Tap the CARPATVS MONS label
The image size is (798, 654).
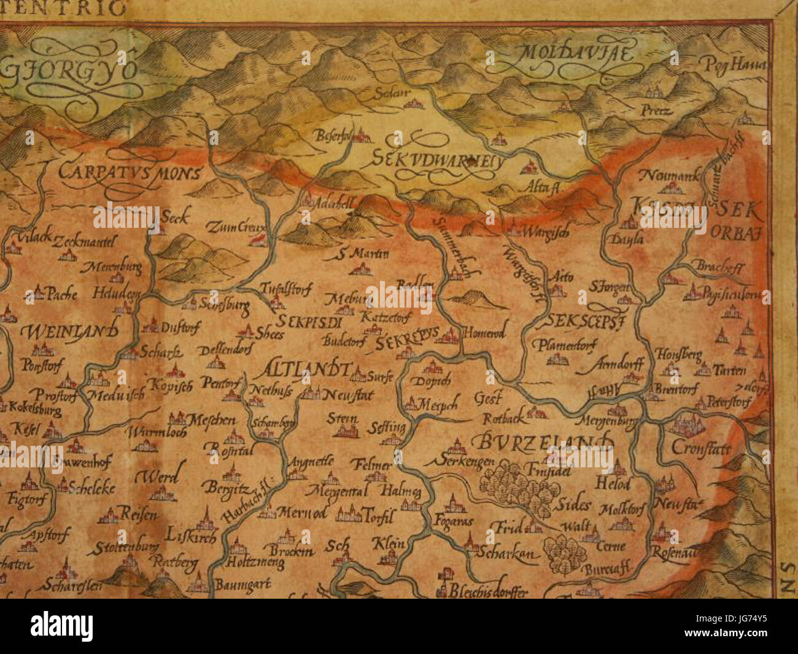(x=130, y=172)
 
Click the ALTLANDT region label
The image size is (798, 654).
(x=308, y=370)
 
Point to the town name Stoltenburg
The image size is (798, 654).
(x=123, y=546)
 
